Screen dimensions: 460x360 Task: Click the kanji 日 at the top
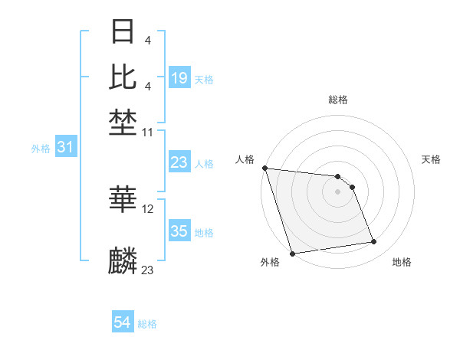[x=123, y=32]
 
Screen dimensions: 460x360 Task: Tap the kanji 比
[x=123, y=77]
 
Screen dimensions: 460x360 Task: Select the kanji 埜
[x=123, y=123]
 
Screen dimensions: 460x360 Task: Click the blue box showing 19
[x=179, y=77]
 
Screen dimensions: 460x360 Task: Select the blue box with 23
[x=179, y=162]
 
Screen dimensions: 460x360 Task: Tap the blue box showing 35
[x=179, y=231]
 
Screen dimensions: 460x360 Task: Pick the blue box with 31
[x=65, y=147]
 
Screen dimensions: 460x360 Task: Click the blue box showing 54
[x=122, y=322]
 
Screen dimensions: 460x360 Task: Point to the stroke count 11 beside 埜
[x=148, y=133]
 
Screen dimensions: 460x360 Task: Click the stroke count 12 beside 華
[x=148, y=208]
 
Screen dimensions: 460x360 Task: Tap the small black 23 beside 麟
[x=148, y=270]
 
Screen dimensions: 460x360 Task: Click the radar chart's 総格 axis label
[x=337, y=100]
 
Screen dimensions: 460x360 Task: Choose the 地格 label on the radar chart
[x=402, y=262]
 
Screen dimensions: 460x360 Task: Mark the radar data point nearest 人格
[x=264, y=168]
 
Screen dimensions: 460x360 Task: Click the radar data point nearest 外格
[x=293, y=253]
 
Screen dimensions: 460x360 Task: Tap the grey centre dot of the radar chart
[x=337, y=191]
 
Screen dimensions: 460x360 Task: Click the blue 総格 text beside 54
[x=147, y=324]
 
